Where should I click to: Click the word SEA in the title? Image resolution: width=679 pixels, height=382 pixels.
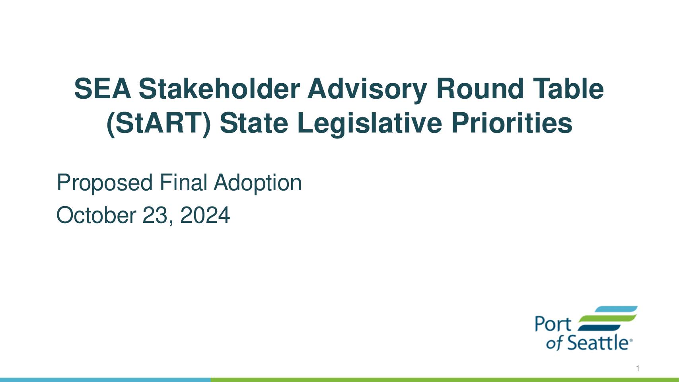point(103,88)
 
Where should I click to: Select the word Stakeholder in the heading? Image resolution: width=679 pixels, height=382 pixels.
point(220,88)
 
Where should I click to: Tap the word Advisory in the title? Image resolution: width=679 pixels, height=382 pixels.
point(367,90)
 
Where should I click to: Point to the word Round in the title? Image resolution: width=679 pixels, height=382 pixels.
point(480,88)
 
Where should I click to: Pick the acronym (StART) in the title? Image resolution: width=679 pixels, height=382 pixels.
point(159,124)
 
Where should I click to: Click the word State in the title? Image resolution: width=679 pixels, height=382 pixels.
point(254,123)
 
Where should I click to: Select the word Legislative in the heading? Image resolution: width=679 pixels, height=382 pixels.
point(370,124)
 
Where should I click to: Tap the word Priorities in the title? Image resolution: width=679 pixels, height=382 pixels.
point(512,123)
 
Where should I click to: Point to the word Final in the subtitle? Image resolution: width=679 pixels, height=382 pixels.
point(183,182)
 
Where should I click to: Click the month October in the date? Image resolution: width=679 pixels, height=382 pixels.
point(96,215)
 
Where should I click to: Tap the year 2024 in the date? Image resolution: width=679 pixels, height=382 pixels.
point(205,215)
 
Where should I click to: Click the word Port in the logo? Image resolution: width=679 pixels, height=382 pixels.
point(553,324)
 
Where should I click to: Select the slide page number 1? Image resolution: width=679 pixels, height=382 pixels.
point(638,368)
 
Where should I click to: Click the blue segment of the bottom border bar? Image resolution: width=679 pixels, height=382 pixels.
point(105,380)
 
